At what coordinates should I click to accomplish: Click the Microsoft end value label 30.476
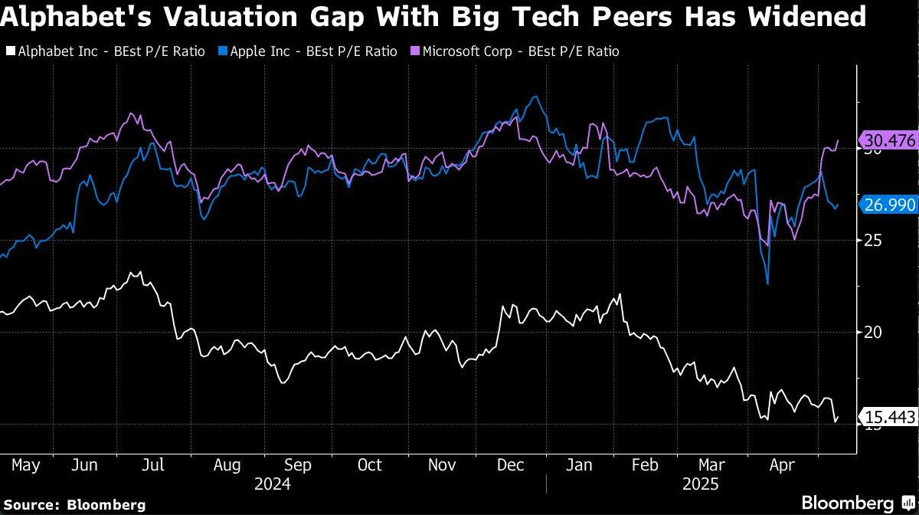(x=888, y=141)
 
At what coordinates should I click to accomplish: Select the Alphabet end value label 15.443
(x=888, y=418)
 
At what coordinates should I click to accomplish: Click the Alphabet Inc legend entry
(x=105, y=51)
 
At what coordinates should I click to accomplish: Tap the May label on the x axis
(x=26, y=465)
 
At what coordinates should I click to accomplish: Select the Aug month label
(x=227, y=465)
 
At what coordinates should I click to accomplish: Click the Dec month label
(x=510, y=465)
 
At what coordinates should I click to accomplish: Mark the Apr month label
(x=781, y=465)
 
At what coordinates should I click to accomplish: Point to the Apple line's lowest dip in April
(x=767, y=283)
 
